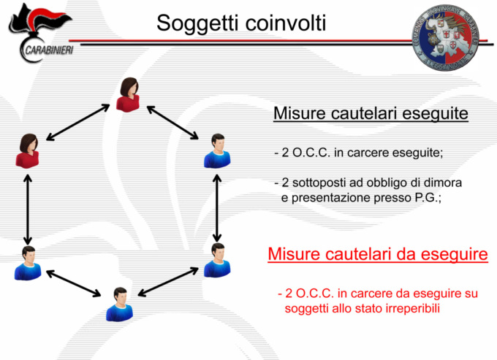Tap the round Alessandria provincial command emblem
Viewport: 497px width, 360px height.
pos(445,38)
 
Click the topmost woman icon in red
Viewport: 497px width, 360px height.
pos(128,95)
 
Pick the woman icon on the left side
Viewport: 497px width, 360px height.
pos(28,150)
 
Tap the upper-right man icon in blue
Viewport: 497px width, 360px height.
pos(217,150)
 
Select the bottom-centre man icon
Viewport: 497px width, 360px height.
pos(119,305)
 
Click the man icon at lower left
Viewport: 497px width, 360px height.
pos(28,263)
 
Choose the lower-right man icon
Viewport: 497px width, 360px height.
pos(217,260)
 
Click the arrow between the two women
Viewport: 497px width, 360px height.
pos(78,122)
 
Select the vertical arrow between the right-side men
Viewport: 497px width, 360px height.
pos(217,208)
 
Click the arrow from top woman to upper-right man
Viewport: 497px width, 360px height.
pos(172,123)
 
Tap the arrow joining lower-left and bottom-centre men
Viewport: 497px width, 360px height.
pos(74,283)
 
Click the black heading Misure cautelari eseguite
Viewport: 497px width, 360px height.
pos(371,113)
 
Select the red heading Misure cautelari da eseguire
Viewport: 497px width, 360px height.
pos(378,254)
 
